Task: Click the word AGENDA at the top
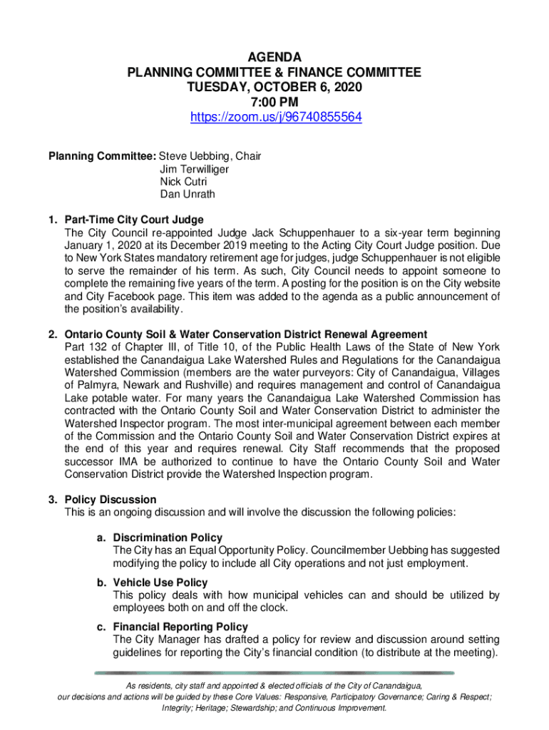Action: tap(274, 57)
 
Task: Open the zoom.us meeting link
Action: tap(274, 117)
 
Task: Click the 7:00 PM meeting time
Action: tap(274, 102)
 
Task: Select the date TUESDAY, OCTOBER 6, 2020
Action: tap(274, 87)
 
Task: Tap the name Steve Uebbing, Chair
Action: tap(210, 156)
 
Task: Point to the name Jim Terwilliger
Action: tap(195, 169)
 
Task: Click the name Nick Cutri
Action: tap(184, 182)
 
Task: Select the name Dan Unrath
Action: tap(188, 194)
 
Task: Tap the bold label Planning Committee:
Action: tap(102, 156)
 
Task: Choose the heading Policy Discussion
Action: tap(110, 500)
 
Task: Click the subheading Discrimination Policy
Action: tap(168, 538)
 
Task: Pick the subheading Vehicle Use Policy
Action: tap(160, 582)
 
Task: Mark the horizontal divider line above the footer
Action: tap(274, 672)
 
